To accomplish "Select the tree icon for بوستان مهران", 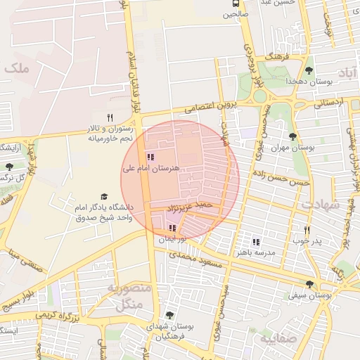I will click(x=292, y=136).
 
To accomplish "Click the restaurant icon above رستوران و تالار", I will click(x=109, y=117).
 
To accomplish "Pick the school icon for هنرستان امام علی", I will click(x=150, y=157).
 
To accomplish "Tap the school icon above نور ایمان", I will click(x=173, y=228).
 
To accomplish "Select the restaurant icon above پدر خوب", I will click(x=307, y=230).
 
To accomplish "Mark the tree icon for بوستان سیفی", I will click(x=309, y=284).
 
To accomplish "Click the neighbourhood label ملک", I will click(x=15, y=69).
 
